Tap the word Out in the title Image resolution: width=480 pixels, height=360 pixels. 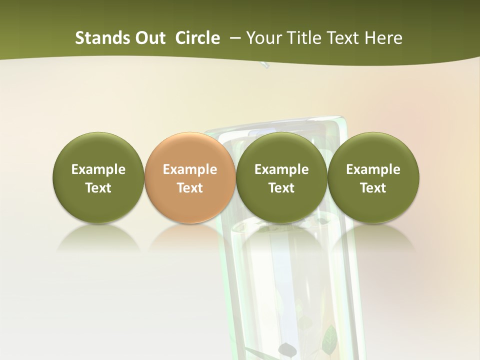pyautogui.click(x=149, y=38)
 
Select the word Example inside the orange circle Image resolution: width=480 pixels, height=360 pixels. pyautogui.click(x=190, y=169)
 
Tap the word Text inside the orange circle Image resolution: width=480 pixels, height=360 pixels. pyautogui.click(x=190, y=188)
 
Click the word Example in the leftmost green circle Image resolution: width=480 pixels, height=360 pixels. pyautogui.click(x=98, y=169)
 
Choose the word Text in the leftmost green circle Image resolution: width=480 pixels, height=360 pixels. pyautogui.click(x=98, y=188)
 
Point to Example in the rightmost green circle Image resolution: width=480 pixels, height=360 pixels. pyautogui.click(x=373, y=169)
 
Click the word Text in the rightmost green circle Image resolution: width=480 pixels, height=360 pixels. pyautogui.click(x=373, y=188)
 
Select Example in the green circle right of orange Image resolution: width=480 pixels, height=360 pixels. pyautogui.click(x=281, y=169)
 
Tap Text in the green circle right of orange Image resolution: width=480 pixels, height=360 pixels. pyautogui.click(x=281, y=188)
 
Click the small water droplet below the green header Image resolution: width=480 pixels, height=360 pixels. pyautogui.click(x=264, y=65)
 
